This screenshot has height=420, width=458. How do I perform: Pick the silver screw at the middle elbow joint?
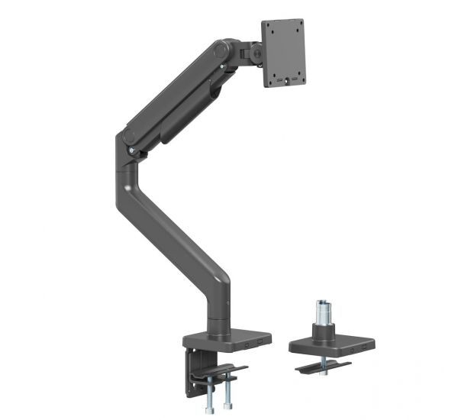(134, 152)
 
